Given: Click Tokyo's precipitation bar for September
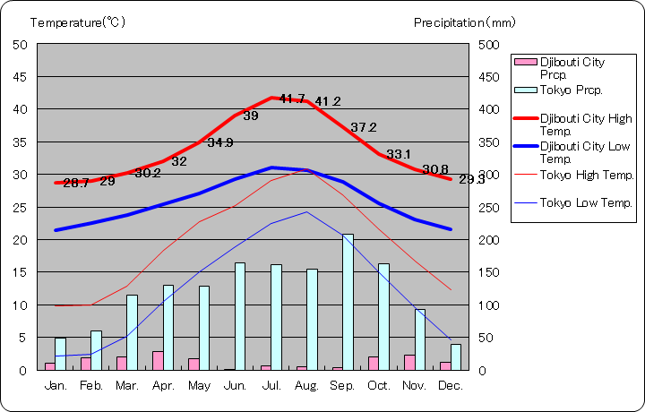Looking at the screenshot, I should coord(348,302).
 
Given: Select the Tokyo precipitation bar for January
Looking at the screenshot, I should coord(60,354).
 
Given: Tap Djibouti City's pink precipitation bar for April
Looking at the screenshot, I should coord(158,360).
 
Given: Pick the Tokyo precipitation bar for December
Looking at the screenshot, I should coord(455,357).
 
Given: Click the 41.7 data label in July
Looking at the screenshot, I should coord(293,99).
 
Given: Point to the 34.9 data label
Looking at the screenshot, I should coord(220,142).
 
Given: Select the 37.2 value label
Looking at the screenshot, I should coord(364,127).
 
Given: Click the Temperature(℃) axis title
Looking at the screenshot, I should coord(79,21).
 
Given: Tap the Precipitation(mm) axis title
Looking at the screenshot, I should coord(465,21).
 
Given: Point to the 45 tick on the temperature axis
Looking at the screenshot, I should coord(20,77).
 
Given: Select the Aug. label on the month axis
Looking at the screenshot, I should coord(307,385).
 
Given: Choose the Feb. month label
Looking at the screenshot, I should coord(91,385).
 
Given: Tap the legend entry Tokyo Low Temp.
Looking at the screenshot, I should coord(587,203).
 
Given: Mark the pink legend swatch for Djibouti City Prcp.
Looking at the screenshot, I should coord(525,62).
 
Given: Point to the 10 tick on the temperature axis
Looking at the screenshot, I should coord(20,305).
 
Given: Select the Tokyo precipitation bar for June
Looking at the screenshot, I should coord(240,316).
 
